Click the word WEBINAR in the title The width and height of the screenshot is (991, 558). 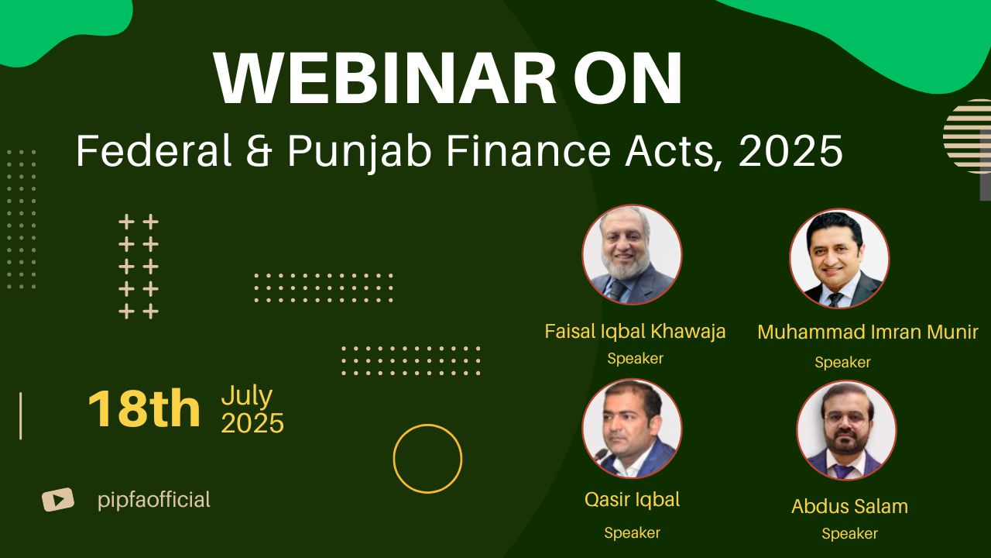tap(385, 78)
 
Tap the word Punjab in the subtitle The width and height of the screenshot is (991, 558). tap(359, 151)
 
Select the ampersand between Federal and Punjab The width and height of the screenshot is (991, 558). tap(259, 150)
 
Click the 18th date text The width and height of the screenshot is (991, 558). tap(144, 408)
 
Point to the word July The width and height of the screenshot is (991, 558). tap(247, 396)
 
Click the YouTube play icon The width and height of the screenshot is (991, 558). tap(58, 500)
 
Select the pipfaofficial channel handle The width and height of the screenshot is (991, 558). tap(154, 501)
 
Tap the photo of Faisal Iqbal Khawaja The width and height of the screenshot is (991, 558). tap(632, 255)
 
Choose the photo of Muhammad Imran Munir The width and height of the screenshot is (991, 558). tap(839, 259)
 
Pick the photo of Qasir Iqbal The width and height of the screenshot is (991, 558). tap(632, 429)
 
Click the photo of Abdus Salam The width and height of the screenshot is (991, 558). tap(846, 431)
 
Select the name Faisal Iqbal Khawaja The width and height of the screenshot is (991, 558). tap(635, 332)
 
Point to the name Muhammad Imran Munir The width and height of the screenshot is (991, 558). tap(868, 332)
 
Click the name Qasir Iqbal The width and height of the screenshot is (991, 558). tap(633, 500)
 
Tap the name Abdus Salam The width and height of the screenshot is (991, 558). tap(849, 506)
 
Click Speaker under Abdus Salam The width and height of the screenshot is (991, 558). tap(849, 534)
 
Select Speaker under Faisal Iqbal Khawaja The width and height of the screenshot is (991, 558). tap(635, 358)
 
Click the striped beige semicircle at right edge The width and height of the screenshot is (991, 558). tap(968, 136)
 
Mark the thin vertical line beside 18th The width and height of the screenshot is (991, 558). tap(20, 416)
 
